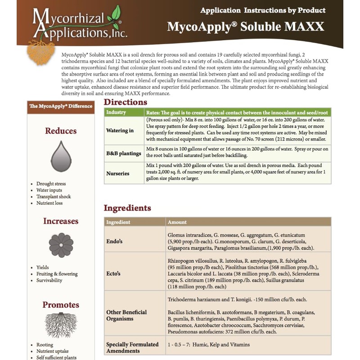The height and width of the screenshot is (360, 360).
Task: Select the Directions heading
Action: (x=126, y=102)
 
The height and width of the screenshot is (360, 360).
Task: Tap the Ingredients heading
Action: (x=127, y=208)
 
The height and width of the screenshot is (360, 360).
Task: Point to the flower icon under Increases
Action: (x=61, y=245)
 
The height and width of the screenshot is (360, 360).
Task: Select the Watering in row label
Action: (x=120, y=130)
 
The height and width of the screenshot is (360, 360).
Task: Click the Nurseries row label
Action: (x=118, y=173)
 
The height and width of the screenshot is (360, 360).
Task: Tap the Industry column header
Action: (x=116, y=112)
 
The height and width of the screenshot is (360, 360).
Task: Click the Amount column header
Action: (x=177, y=222)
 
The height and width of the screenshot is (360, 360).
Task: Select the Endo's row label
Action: (x=115, y=242)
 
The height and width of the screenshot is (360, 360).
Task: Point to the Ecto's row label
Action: (x=114, y=273)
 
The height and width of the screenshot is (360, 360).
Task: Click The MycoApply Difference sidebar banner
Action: (x=61, y=106)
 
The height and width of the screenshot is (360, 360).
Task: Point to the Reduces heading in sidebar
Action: (x=61, y=131)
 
